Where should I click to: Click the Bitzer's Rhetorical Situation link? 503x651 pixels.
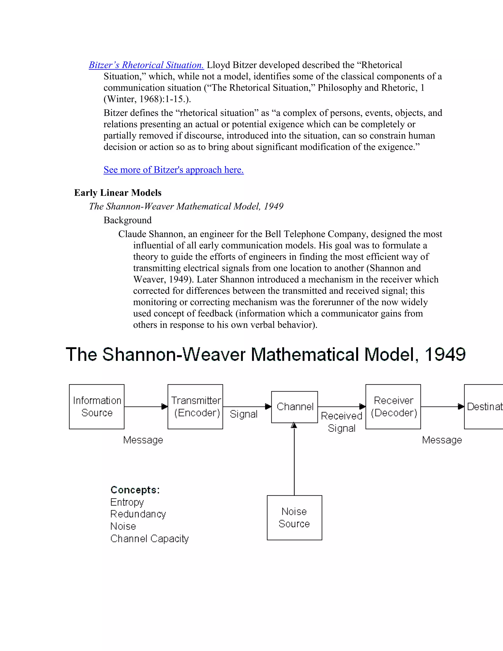tap(146, 65)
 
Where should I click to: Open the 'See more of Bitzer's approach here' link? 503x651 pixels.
tap(173, 170)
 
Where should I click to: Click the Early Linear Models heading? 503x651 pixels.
tap(118, 193)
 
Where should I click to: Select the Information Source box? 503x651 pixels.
tap(97, 407)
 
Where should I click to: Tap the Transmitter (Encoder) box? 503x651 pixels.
tap(195, 407)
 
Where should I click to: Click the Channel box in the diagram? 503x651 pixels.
tap(294, 407)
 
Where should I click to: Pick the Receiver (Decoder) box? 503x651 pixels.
tap(393, 407)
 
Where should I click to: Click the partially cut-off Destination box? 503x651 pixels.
tap(484, 407)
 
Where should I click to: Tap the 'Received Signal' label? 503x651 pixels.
tap(341, 422)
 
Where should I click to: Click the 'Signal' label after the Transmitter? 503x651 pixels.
tap(243, 414)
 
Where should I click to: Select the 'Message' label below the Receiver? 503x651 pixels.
tap(442, 440)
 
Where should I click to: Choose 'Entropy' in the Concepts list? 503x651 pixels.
tap(127, 502)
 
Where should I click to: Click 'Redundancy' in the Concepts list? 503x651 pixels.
tap(138, 514)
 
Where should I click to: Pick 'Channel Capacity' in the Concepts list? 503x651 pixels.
tap(149, 539)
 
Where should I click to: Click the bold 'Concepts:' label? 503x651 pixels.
tap(135, 490)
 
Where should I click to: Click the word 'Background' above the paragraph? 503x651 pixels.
tap(127, 220)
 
